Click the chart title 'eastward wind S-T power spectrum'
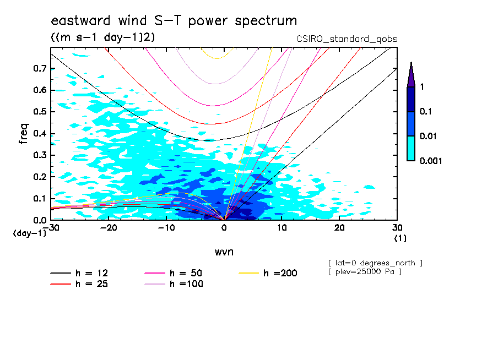tap(174, 21)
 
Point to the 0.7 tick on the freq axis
tap(40, 68)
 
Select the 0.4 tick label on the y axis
tap(40, 133)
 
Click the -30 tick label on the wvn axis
tap(51, 227)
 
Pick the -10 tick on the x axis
tap(166, 227)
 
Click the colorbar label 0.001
tap(431, 161)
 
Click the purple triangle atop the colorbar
tap(411, 75)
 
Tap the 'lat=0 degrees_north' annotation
tap(375, 263)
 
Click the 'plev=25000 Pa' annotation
tap(365, 272)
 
